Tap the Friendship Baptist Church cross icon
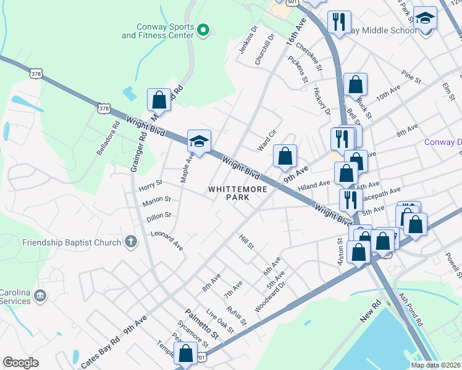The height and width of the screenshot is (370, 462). click(x=130, y=242)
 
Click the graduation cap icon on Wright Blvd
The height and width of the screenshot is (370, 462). click(x=199, y=141)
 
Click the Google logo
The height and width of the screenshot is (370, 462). click(x=20, y=363)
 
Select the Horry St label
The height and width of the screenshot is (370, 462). click(x=150, y=183)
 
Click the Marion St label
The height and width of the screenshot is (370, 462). click(x=156, y=200)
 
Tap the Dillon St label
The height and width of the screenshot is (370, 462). click(x=159, y=216)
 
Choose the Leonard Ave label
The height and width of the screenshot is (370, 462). click(x=167, y=240)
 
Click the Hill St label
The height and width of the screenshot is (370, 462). click(x=246, y=241)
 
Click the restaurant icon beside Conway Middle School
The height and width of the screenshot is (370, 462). click(x=338, y=22)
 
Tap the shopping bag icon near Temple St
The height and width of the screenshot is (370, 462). click(x=185, y=353)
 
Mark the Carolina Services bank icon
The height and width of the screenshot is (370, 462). click(x=41, y=296)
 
